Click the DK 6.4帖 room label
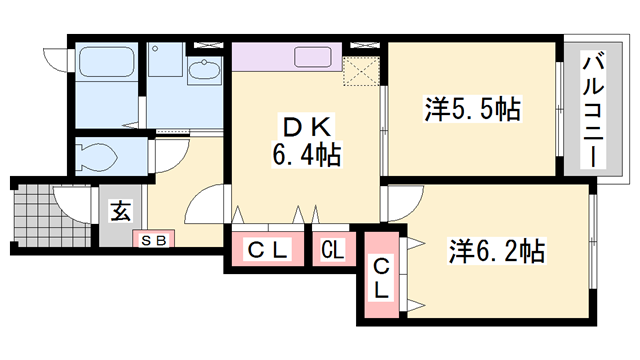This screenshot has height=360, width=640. pyautogui.click(x=307, y=141)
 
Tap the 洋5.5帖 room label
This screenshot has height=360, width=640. pyautogui.click(x=473, y=109)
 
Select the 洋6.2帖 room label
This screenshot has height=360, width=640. pyautogui.click(x=497, y=251)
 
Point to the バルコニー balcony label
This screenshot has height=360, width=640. pyautogui.click(x=593, y=109)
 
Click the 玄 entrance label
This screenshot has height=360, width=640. pyautogui.click(x=122, y=211)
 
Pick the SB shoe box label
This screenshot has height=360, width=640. pyautogui.click(x=154, y=240)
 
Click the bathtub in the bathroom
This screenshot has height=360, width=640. pyautogui.click(x=107, y=61)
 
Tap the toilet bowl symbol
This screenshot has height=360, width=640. pyautogui.click(x=96, y=157)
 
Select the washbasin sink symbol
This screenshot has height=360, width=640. pyautogui.click(x=204, y=69)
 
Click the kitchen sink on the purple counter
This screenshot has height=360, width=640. pyautogui.click(x=313, y=56)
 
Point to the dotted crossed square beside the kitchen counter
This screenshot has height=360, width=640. pyautogui.click(x=361, y=72)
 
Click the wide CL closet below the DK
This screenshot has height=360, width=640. pyautogui.click(x=268, y=249)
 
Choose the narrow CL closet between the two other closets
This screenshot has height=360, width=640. pyautogui.click(x=333, y=249)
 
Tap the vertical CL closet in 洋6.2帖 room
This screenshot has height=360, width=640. pyautogui.click(x=381, y=275)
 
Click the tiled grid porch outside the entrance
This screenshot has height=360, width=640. pyautogui.click(x=52, y=216)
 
